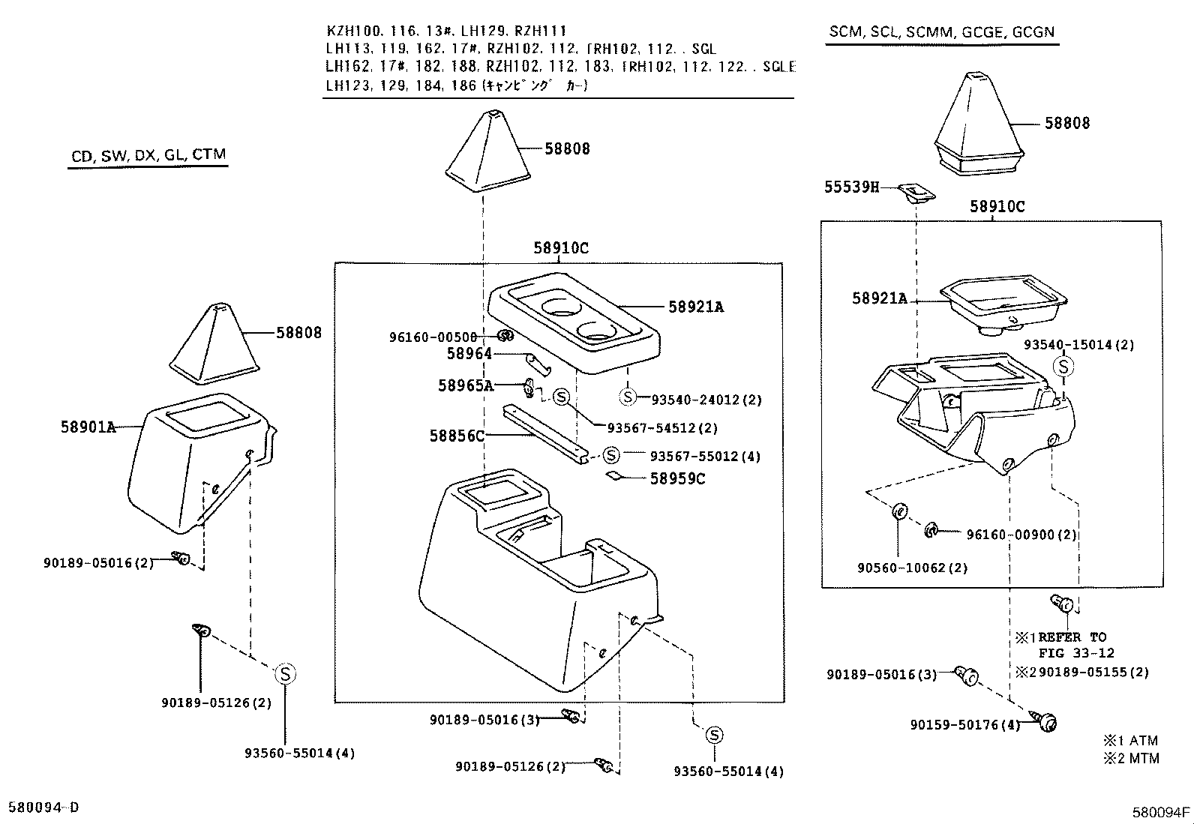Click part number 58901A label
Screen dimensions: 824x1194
pyautogui.click(x=88, y=427)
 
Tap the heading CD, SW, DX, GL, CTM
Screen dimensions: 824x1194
pyautogui.click(x=148, y=155)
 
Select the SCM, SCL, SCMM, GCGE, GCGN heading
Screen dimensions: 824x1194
pyautogui.click(x=941, y=32)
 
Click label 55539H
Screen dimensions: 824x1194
pyautogui.click(x=851, y=187)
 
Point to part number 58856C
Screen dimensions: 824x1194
pyautogui.click(x=457, y=436)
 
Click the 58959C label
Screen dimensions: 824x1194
pyautogui.click(x=677, y=478)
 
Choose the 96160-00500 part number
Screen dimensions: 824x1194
pyautogui.click(x=433, y=337)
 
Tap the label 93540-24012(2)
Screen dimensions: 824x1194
pyautogui.click(x=706, y=400)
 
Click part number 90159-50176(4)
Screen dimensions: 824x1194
pyautogui.click(x=965, y=725)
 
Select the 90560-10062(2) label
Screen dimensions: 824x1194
pyautogui.click(x=912, y=568)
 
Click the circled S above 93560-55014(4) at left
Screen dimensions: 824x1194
pyautogui.click(x=285, y=674)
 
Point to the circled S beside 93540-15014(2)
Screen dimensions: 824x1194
pyautogui.click(x=1063, y=367)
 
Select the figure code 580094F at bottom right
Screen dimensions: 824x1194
pyautogui.click(x=1161, y=812)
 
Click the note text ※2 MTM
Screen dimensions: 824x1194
pyautogui.click(x=1131, y=758)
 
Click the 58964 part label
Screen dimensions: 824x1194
pyautogui.click(x=469, y=353)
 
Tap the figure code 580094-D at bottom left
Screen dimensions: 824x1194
pyautogui.click(x=43, y=808)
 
